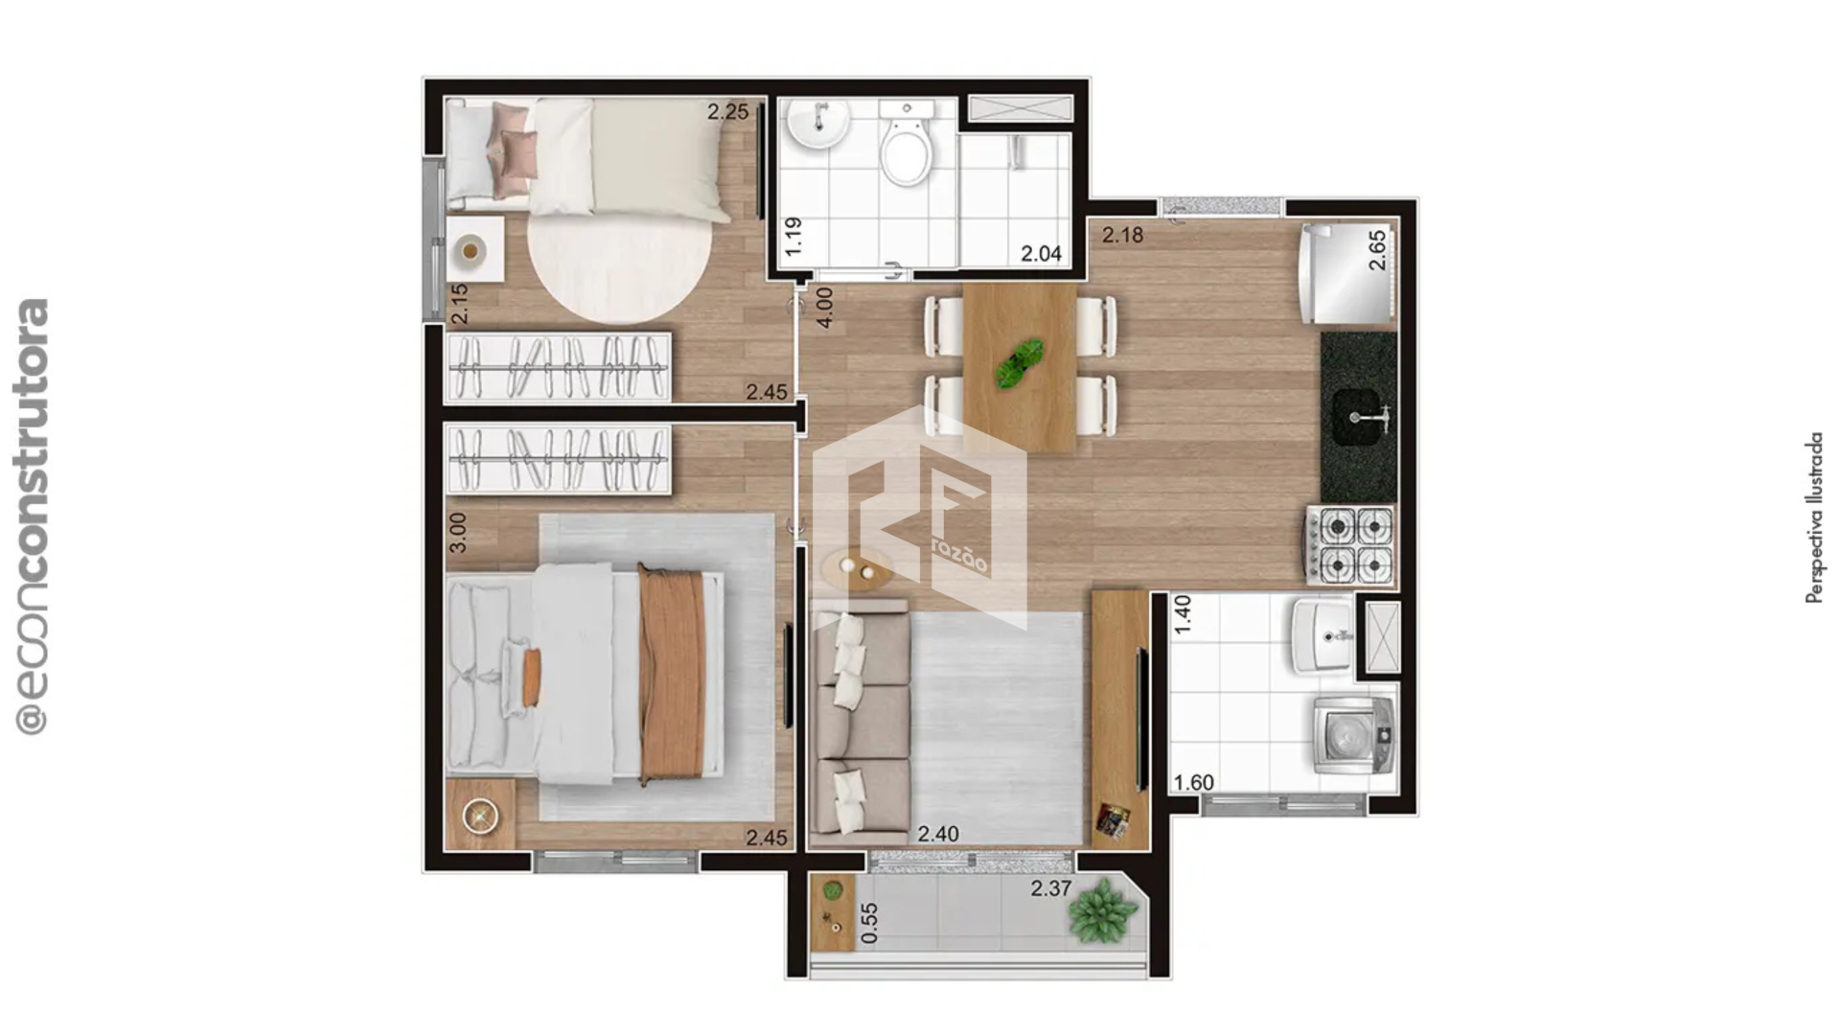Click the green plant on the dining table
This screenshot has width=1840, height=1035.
[x=1019, y=364]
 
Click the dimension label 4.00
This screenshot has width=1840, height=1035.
[x=824, y=308]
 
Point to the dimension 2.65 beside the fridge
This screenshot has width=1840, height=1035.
[x=1376, y=250]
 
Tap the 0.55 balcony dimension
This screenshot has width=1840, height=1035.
[x=869, y=923]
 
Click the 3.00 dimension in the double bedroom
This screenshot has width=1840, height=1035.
[x=458, y=532]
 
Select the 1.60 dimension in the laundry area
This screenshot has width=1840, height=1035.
[x=1194, y=782]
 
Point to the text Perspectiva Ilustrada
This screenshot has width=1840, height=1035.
[x=1814, y=517]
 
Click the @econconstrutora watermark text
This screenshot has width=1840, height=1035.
[x=32, y=517]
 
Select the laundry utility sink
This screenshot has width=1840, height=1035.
[x=1322, y=634]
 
